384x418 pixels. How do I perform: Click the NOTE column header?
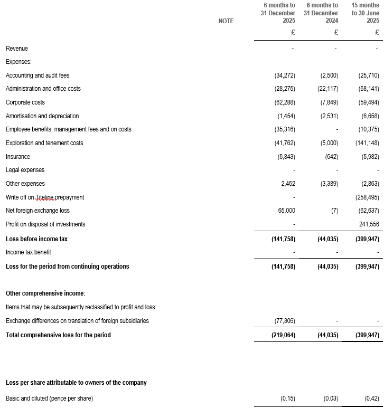(x=226, y=21)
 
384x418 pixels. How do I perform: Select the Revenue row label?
(x=17, y=49)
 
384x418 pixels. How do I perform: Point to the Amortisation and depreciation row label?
(x=42, y=116)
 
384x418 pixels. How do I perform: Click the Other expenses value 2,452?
(x=288, y=184)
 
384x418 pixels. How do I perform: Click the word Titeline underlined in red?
(x=45, y=197)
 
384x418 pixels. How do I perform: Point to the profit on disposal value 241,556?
(x=369, y=224)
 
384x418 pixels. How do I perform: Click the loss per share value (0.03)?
(x=331, y=398)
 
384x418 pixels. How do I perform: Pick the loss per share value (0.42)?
(x=372, y=398)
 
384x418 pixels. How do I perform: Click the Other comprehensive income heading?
(x=45, y=293)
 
